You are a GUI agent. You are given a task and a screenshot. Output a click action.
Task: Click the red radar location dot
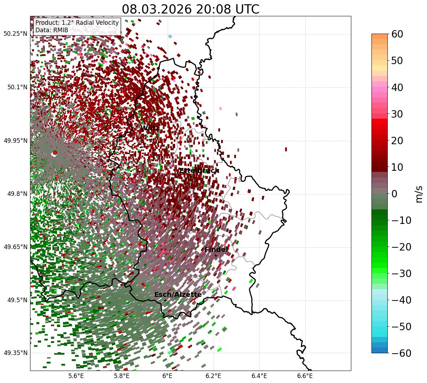point(54,153)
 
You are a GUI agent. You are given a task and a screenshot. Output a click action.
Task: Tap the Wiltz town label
point(150,128)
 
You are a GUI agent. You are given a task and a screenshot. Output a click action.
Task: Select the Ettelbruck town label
point(198,171)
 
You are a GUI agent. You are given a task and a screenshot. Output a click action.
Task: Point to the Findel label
point(216,250)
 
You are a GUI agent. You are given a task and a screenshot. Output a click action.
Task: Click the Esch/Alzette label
point(178,295)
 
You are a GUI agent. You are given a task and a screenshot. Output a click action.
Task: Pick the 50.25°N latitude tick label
point(15,34)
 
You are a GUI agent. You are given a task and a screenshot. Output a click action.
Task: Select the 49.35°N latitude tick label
point(15,353)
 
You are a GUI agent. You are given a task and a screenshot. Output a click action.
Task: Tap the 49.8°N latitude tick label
point(17,194)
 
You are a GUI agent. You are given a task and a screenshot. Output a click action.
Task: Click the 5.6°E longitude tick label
point(76,376)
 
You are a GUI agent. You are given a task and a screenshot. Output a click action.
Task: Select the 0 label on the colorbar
point(394,194)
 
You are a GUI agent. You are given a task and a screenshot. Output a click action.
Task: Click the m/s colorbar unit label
point(419,194)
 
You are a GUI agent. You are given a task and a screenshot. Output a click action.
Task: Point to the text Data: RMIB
point(52,30)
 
